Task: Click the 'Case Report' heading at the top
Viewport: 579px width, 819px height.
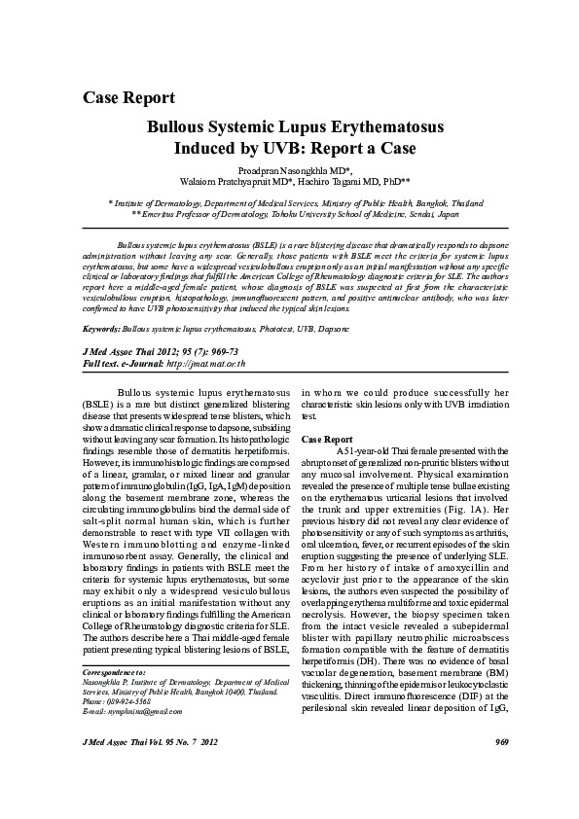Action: pos(128,97)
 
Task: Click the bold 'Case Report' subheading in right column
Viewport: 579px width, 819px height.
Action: pos(326,440)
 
